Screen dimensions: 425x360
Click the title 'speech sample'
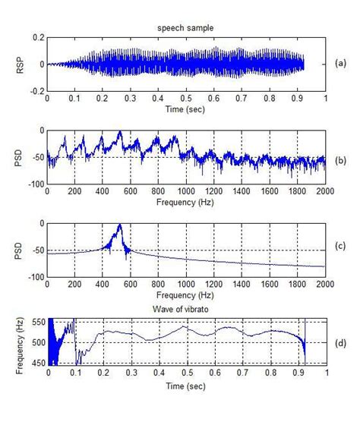[x=186, y=28]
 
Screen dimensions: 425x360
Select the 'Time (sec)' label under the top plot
[x=186, y=109]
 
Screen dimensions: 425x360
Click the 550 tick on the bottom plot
[x=36, y=323]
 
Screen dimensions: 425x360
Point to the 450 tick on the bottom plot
[x=36, y=364]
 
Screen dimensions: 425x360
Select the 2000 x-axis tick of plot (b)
[x=324, y=193]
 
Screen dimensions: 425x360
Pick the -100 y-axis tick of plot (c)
[x=33, y=277]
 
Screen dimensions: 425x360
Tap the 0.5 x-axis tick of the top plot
[x=186, y=99]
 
